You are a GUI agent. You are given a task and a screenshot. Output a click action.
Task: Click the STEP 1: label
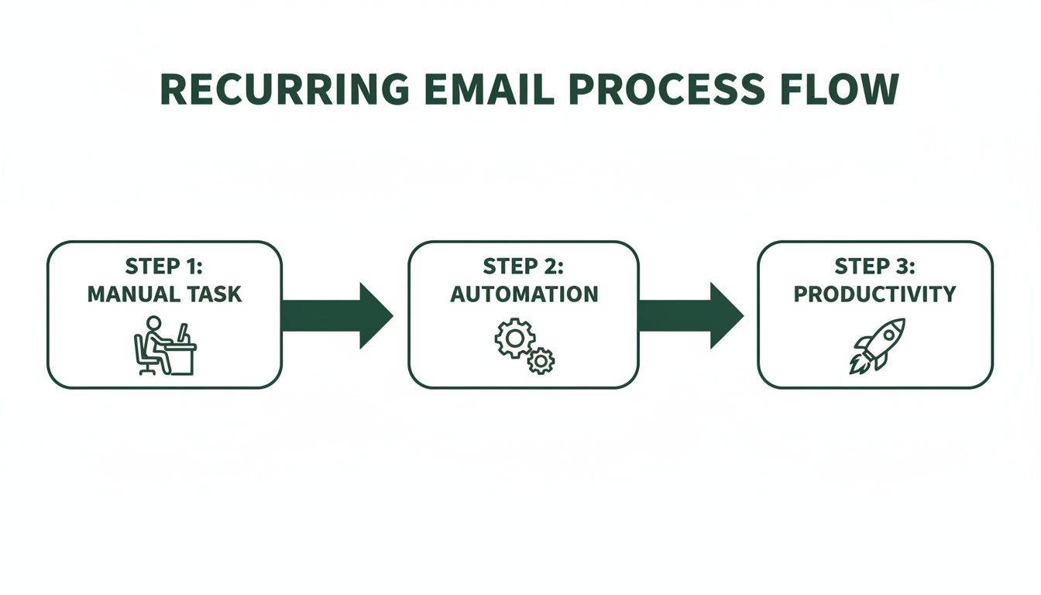click(x=164, y=267)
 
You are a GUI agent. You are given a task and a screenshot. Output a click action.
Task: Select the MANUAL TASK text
click(x=164, y=294)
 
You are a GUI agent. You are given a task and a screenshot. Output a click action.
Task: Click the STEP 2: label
click(x=524, y=267)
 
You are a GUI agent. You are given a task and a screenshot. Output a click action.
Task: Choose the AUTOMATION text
click(x=524, y=294)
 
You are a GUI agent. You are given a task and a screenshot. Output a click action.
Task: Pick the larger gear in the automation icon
click(x=514, y=339)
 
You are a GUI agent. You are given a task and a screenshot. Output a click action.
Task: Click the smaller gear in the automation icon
click(x=541, y=359)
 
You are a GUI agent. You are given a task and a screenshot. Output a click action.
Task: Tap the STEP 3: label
click(x=874, y=267)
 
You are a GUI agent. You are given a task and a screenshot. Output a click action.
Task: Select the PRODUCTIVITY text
click(x=874, y=294)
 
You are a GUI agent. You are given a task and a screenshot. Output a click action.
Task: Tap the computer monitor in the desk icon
click(x=182, y=334)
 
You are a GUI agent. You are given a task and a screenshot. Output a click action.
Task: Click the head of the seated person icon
click(x=153, y=322)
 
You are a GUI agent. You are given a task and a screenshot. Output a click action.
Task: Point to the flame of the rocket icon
click(x=857, y=365)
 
